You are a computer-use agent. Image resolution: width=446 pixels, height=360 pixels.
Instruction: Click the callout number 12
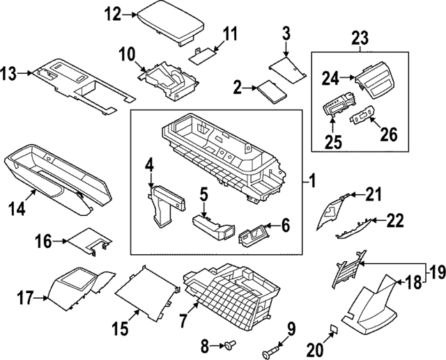(x=112, y=13)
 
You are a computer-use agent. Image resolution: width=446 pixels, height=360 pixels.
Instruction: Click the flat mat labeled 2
(x=268, y=91)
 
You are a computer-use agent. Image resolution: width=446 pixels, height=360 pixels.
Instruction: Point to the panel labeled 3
(x=287, y=68)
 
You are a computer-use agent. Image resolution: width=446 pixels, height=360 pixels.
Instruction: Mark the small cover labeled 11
(x=203, y=54)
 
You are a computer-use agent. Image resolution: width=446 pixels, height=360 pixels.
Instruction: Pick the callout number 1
(x=313, y=182)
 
